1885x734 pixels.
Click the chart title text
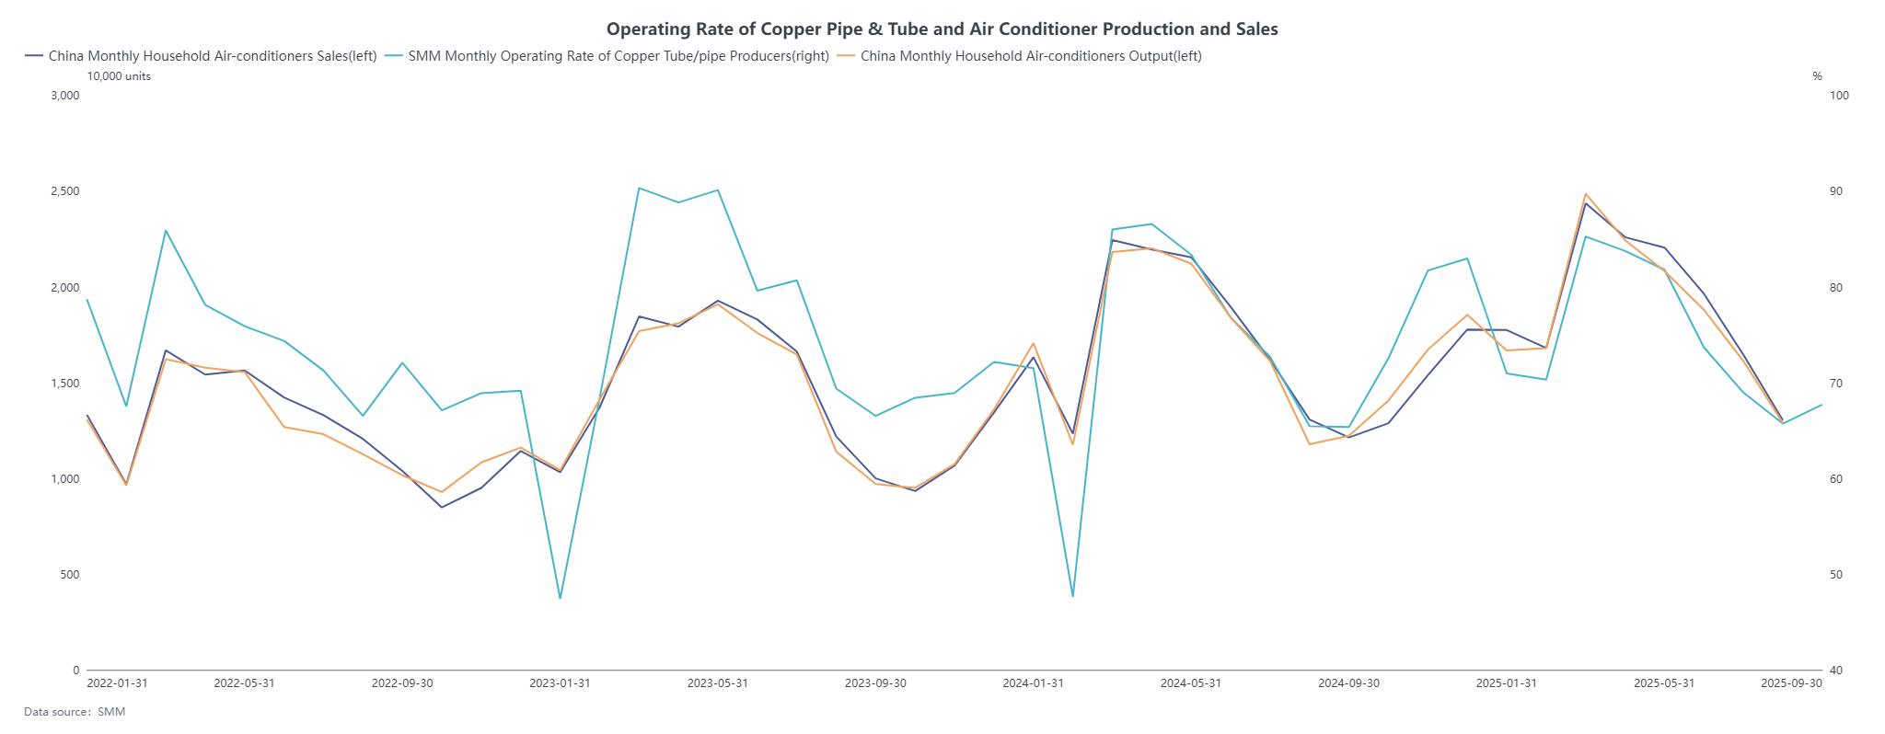pyautogui.click(x=942, y=29)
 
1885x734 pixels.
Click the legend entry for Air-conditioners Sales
pyautogui.click(x=212, y=56)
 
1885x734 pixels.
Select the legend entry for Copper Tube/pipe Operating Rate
pyautogui.click(x=618, y=56)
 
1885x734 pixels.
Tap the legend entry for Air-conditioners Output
pyautogui.click(x=1030, y=56)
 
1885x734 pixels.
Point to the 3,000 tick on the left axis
pyautogui.click(x=65, y=96)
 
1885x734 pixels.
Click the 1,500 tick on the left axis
pyautogui.click(x=65, y=384)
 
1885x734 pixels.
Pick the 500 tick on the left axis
pyautogui.click(x=70, y=575)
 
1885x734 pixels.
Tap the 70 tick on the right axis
pyautogui.click(x=1836, y=384)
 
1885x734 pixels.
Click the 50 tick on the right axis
pyautogui.click(x=1836, y=575)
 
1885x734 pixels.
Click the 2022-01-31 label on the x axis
pyautogui.click(x=117, y=683)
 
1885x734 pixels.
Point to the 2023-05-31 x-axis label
pyautogui.click(x=718, y=683)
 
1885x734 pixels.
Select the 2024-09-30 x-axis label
pyautogui.click(x=1348, y=683)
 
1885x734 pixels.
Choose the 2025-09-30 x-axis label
pyautogui.click(x=1791, y=683)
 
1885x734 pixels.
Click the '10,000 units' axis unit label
pyautogui.click(x=119, y=76)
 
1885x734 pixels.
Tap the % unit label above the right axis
pyautogui.click(x=1817, y=76)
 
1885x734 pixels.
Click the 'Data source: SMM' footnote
pyautogui.click(x=75, y=712)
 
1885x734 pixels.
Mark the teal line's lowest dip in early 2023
pyautogui.click(x=560, y=599)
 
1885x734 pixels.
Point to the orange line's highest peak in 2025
pyautogui.click(x=1585, y=194)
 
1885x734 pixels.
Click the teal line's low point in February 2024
pyautogui.click(x=1072, y=596)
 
